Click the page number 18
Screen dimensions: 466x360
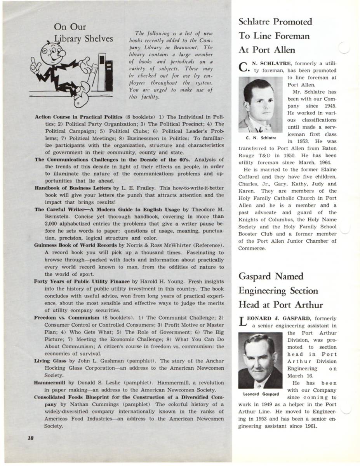(31, 438)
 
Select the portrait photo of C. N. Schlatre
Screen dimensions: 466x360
(261, 104)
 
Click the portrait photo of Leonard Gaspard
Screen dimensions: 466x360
(260, 360)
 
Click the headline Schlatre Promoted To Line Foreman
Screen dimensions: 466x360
(275, 36)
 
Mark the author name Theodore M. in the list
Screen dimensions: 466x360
(206, 210)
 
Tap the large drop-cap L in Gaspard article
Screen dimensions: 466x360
(242, 322)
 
